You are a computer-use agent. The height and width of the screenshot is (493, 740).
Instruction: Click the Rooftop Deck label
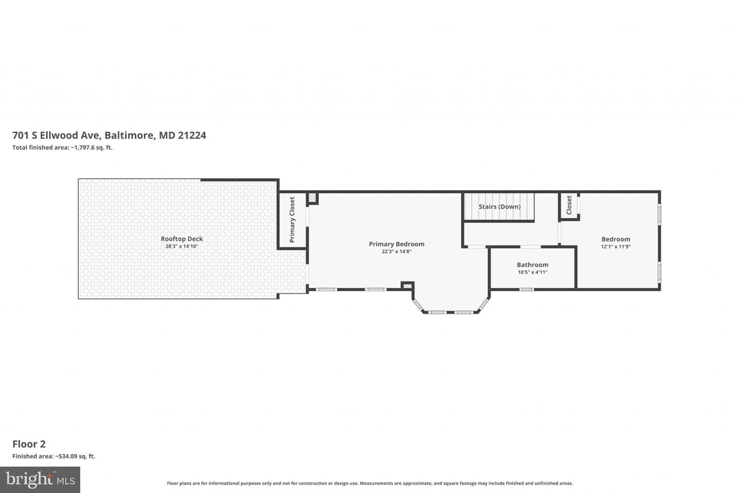coord(182,239)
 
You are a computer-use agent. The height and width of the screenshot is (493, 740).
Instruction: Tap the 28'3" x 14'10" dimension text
coord(182,246)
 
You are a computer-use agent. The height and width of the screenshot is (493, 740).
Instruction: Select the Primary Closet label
coord(292,220)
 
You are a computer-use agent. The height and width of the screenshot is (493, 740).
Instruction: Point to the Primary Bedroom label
coord(396,244)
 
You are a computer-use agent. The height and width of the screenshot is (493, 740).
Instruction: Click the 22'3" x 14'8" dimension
coord(396,252)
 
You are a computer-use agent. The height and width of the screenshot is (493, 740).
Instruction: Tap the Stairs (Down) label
coord(499,207)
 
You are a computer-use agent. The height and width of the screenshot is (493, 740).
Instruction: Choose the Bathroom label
coord(532,265)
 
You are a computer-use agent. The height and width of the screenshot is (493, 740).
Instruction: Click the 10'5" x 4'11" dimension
coord(532,272)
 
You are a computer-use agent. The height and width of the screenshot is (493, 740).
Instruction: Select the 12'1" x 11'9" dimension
coord(616,246)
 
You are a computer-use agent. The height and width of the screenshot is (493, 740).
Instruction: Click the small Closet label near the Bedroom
coord(569,205)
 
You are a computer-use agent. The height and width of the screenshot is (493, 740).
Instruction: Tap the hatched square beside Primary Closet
coord(312,198)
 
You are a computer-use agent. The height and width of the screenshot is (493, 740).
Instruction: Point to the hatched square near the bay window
coord(408,286)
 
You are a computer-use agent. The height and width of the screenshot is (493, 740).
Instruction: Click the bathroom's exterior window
coord(527,290)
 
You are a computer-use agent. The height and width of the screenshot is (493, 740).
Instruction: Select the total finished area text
coord(63,147)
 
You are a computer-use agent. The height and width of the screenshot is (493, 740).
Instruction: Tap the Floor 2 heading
coord(29,444)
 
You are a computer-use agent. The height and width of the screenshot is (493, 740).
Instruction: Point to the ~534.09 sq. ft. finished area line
coord(54,457)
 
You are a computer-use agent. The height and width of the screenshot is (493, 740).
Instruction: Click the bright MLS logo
coord(40,480)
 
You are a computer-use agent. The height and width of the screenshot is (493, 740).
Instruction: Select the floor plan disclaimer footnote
coord(369,483)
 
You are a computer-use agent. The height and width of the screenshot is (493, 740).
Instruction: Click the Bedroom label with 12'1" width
coord(616,239)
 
